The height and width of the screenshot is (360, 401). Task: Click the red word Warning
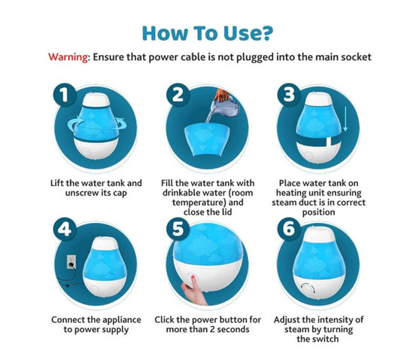pos(68,56)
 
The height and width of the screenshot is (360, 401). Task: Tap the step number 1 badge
pos(65,95)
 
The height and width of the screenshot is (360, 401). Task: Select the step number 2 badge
pos(178,95)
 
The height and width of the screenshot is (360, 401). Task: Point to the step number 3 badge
pos(289,94)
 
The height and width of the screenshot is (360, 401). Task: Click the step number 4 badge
pos(65,229)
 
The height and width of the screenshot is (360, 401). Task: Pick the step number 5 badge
pos(178,229)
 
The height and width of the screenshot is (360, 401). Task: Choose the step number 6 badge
pos(289,229)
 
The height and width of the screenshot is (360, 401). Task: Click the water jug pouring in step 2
pos(224,105)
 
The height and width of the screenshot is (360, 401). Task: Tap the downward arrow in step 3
pos(345,119)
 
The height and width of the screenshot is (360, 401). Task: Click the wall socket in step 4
pos(71,261)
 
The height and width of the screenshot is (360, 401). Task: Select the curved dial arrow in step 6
pos(308,288)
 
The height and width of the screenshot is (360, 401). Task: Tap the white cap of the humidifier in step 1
pos(96,99)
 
